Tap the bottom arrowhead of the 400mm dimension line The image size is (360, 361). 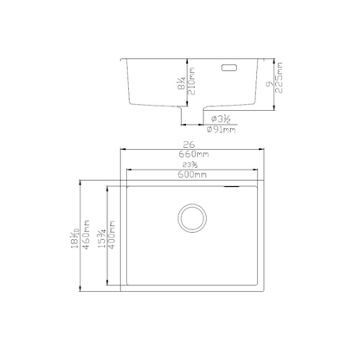click(x=108, y=287)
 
